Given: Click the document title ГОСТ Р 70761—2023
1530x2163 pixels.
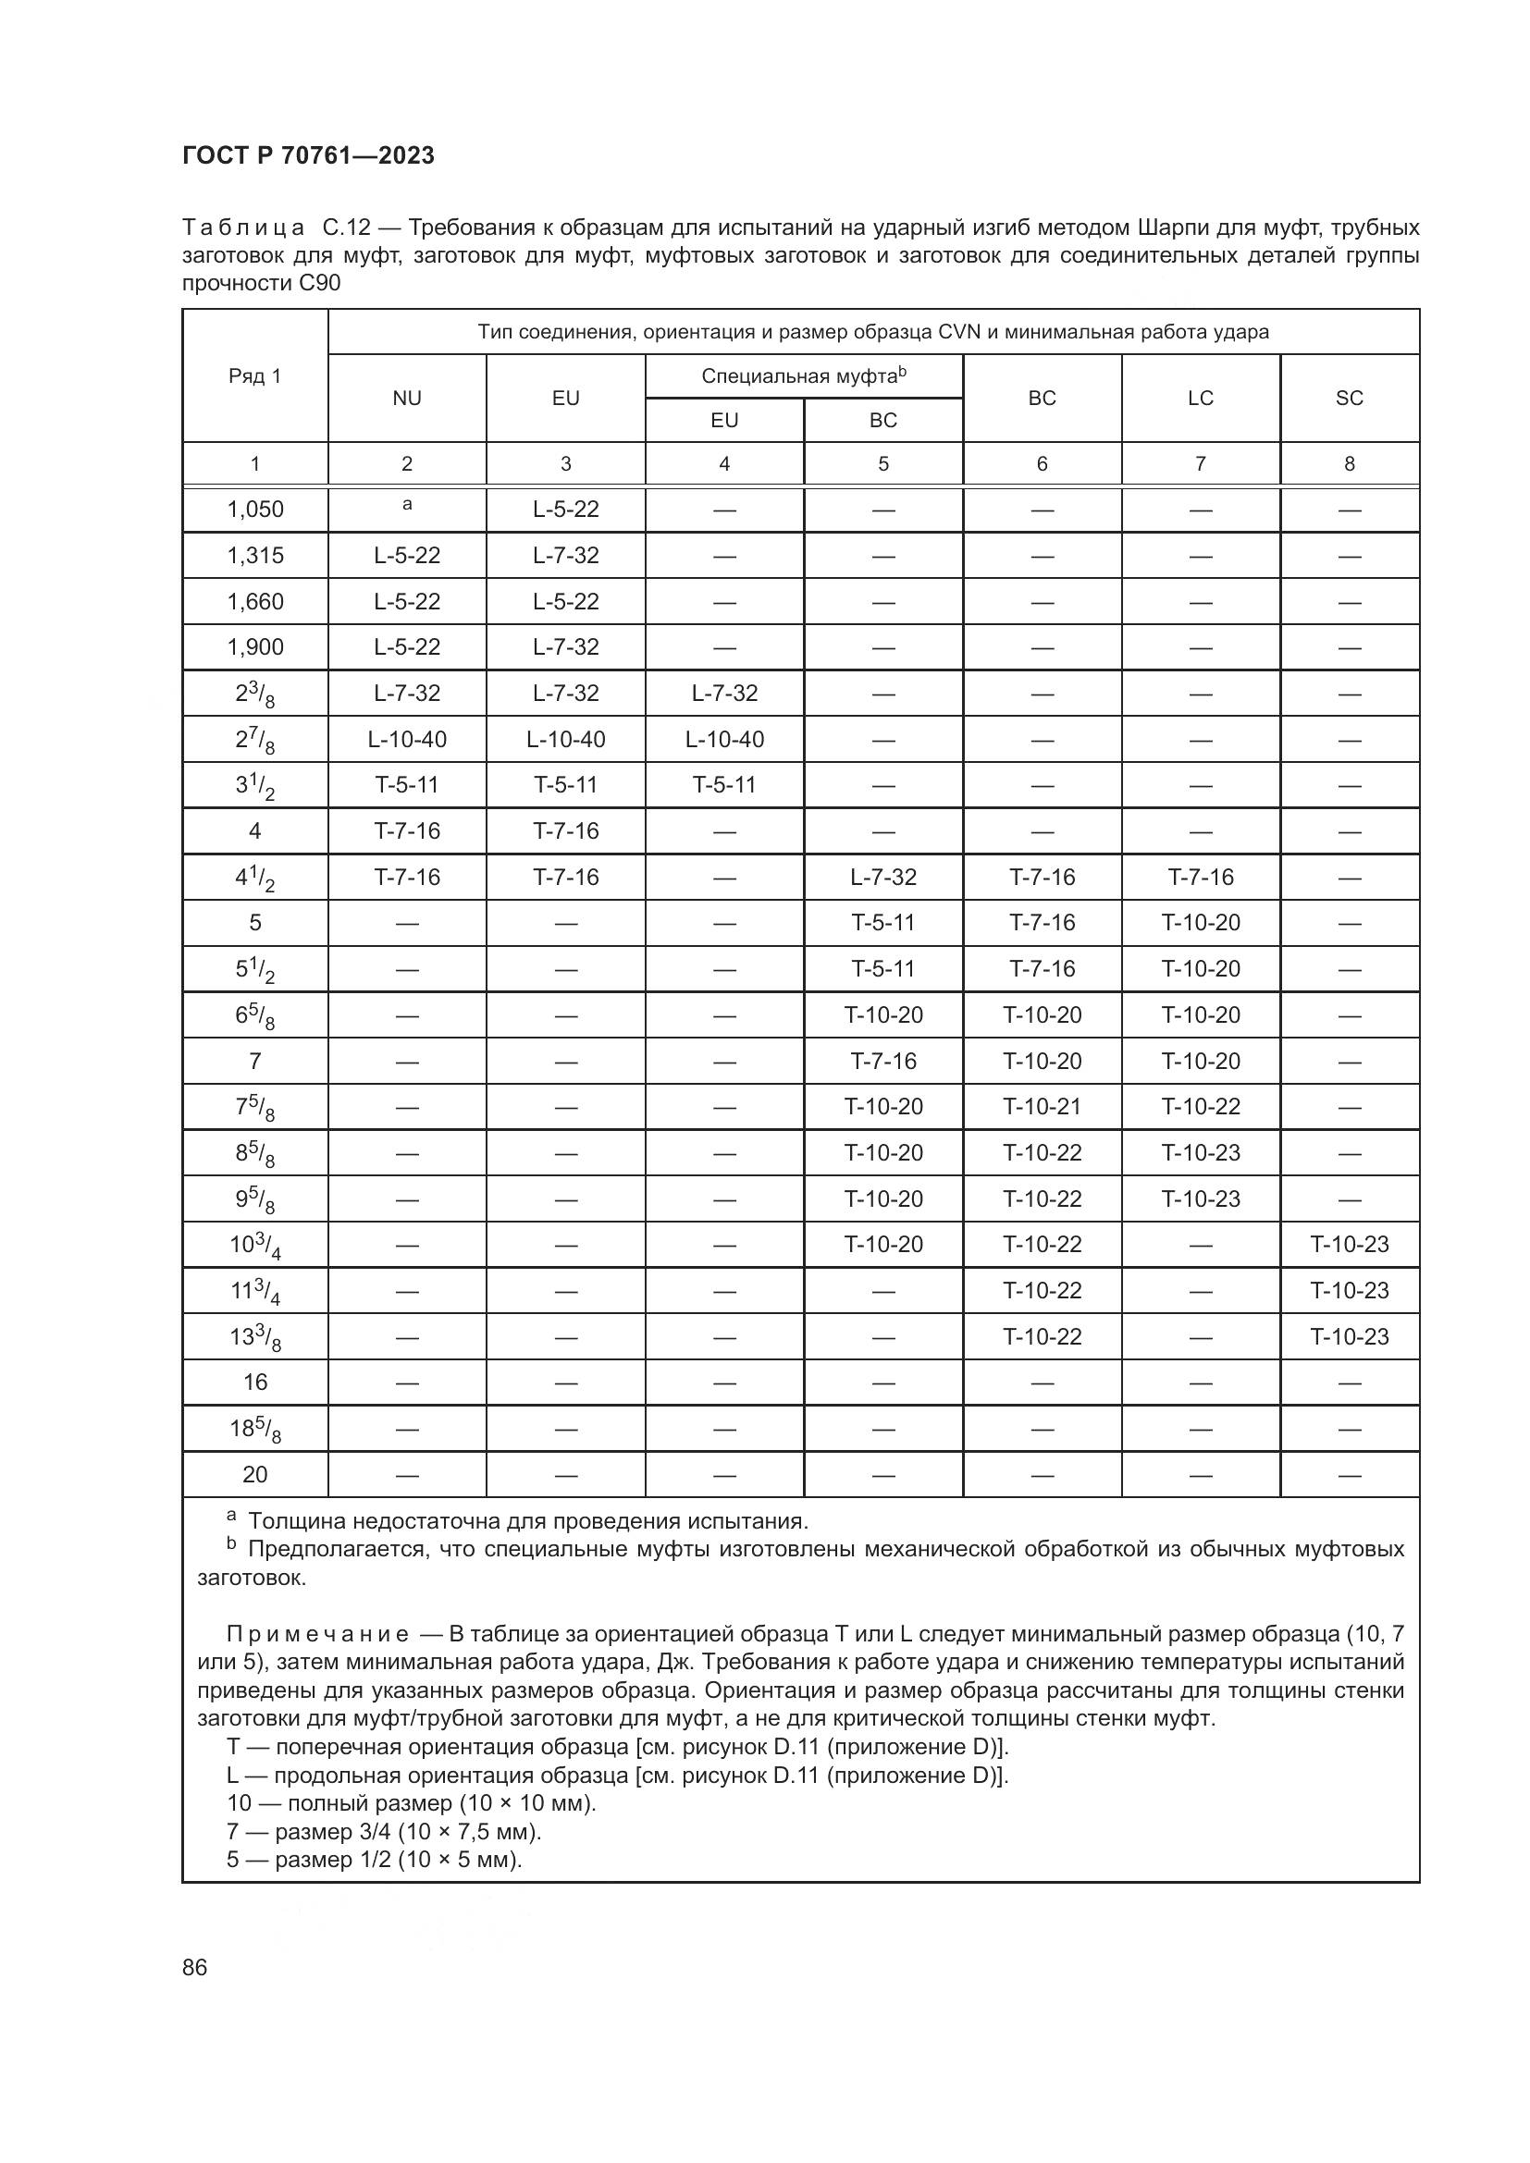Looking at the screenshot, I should click(x=308, y=156).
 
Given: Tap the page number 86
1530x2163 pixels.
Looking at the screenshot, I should click(x=195, y=1967).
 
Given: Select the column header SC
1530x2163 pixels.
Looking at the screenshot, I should click(x=1349, y=399).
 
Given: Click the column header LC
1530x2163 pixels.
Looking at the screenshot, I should click(x=1201, y=399).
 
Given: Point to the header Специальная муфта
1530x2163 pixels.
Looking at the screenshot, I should click(x=803, y=375).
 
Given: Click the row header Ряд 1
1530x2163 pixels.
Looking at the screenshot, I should click(x=254, y=375).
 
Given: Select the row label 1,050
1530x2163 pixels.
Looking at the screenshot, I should click(x=254, y=510).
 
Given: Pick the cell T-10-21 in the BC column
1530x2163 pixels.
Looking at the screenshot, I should click(x=1042, y=1106).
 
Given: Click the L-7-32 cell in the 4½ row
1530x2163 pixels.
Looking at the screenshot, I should click(x=882, y=877).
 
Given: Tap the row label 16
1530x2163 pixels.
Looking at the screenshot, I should click(x=254, y=1382).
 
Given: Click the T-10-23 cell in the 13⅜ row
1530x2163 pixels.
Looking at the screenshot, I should click(x=1349, y=1336).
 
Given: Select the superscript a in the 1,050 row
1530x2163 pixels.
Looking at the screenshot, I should click(x=407, y=505).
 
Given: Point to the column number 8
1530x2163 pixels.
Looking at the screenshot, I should click(x=1349, y=463).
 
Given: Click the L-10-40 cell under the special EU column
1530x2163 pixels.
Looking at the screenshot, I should click(x=724, y=740).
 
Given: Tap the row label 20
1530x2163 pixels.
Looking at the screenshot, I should click(x=254, y=1474).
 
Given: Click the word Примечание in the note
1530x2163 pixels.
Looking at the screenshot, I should click(x=317, y=1634).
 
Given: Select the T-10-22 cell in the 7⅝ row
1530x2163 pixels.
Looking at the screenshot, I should click(x=1201, y=1106).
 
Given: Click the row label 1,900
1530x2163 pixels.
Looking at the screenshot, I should click(x=254, y=647).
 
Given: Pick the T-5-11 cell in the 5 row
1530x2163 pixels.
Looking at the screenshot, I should click(x=882, y=922).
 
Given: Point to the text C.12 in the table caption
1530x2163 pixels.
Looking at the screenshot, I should click(x=348, y=228).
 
